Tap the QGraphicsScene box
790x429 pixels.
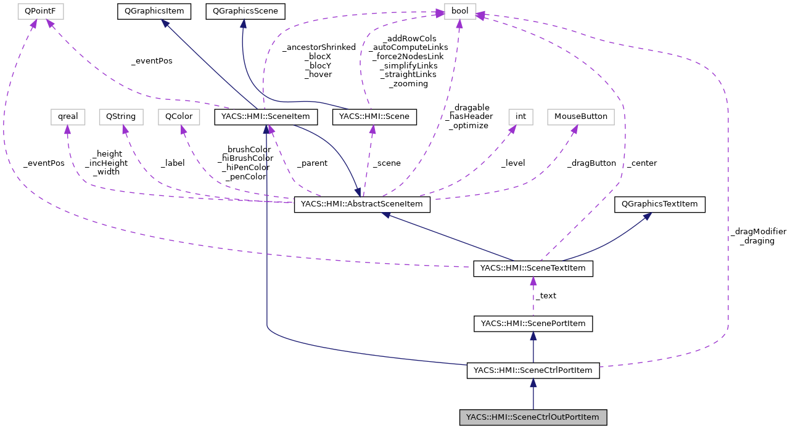click(245, 11)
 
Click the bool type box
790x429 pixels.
click(460, 11)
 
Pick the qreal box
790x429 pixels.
click(67, 116)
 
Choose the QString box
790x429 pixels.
click(125, 116)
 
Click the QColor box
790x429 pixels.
click(179, 116)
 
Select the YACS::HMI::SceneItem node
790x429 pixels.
click(266, 116)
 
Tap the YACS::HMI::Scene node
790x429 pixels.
click(374, 116)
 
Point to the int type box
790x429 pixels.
click(520, 116)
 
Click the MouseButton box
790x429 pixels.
click(580, 116)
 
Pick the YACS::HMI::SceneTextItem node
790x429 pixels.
click(533, 269)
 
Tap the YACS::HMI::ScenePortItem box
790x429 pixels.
click(533, 323)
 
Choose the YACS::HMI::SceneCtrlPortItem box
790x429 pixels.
click(533, 370)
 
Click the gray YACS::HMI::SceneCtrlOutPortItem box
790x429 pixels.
click(533, 417)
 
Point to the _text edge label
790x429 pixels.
click(546, 296)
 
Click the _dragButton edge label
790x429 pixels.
click(591, 163)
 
